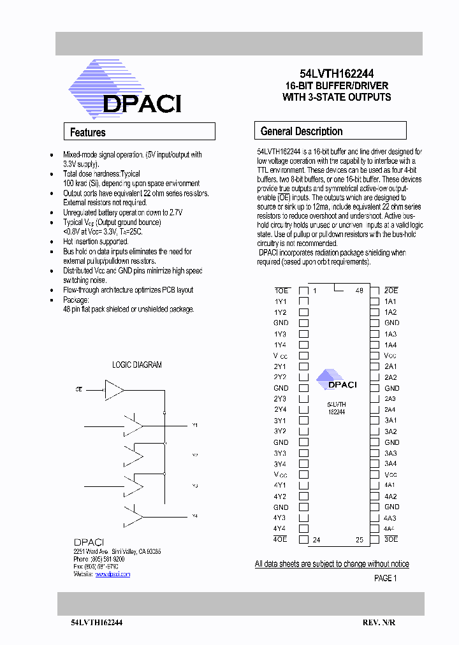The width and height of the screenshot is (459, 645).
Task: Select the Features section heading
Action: [88, 133]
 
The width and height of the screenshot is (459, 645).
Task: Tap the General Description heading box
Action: [302, 131]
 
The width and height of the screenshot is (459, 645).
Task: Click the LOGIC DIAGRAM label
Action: [137, 365]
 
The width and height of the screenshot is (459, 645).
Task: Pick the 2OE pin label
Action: [391, 291]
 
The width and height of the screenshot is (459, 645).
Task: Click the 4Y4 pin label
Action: [280, 528]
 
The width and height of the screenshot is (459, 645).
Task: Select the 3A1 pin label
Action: [391, 420]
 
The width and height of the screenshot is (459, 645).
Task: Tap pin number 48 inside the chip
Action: [360, 291]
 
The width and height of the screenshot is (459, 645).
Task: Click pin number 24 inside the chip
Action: [316, 540]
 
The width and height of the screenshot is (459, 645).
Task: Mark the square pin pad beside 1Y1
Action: [304, 301]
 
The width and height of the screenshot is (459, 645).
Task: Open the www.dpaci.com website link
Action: [113, 574]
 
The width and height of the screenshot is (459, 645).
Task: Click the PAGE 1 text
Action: [385, 579]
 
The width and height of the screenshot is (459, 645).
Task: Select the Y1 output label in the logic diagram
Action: [195, 424]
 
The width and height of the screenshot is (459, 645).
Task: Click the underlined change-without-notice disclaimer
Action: [331, 564]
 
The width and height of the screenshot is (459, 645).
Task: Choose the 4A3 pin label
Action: [391, 518]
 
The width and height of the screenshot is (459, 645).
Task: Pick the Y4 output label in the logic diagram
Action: [195, 516]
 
